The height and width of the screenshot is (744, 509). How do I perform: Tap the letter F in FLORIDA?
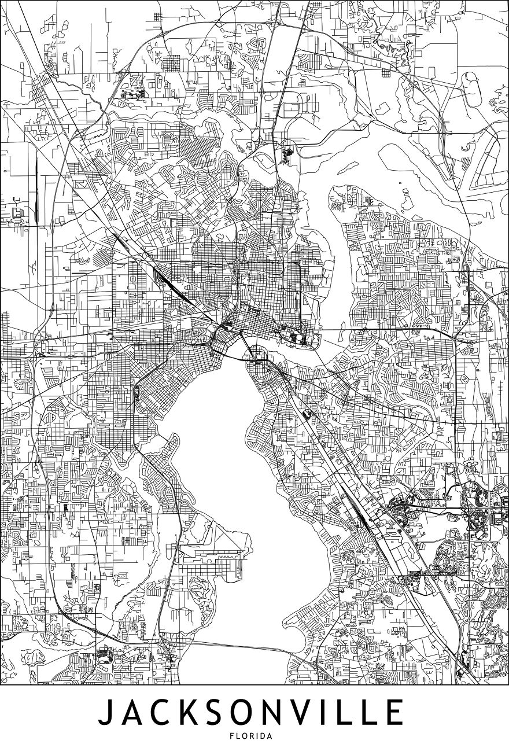click(233, 736)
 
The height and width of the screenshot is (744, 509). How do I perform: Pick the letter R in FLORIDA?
click(251, 736)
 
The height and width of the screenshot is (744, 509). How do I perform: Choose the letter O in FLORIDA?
click(245, 736)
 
